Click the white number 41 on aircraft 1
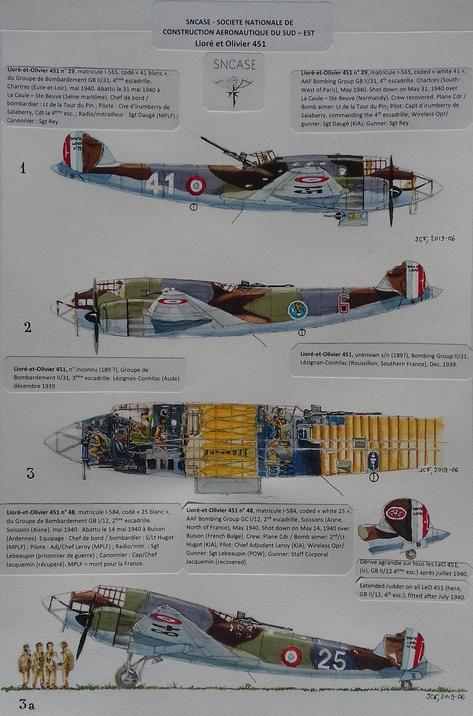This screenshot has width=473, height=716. (161, 183)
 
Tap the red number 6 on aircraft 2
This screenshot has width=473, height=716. (344, 304)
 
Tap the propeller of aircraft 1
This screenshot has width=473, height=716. (391, 192)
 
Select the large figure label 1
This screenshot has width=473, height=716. (23, 168)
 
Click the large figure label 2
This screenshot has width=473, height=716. (27, 327)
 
